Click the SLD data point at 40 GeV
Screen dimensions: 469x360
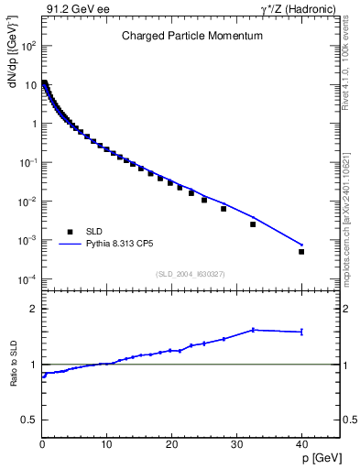coord(301,251)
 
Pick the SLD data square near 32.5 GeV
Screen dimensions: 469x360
coord(253,224)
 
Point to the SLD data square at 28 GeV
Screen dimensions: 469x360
coord(224,209)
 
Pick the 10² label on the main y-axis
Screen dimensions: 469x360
coord(28,45)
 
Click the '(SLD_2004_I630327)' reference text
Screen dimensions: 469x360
coord(190,274)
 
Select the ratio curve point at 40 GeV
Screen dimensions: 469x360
coord(301,332)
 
